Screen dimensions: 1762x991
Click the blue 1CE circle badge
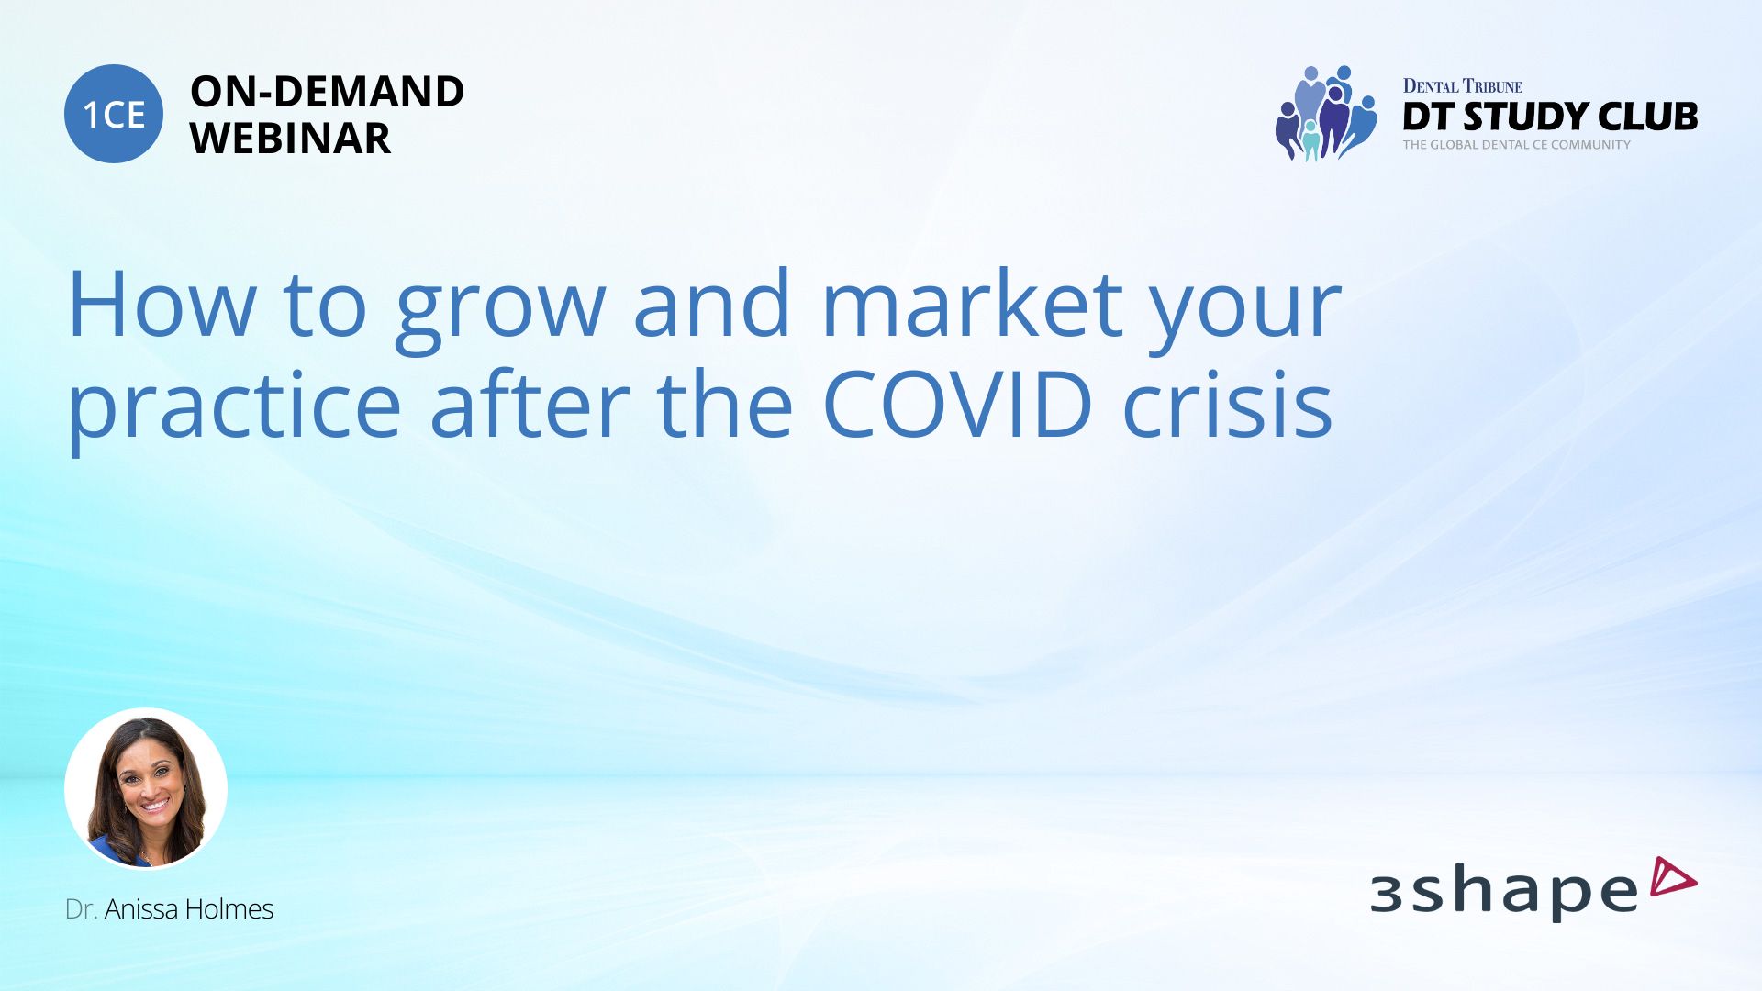tap(114, 114)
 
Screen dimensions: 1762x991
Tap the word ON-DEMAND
tap(327, 91)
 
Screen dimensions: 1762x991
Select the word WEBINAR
tap(290, 139)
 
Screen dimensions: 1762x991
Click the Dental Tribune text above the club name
tap(1462, 86)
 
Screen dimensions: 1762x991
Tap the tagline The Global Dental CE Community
tap(1516, 145)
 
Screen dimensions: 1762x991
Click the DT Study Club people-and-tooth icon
tap(1326, 113)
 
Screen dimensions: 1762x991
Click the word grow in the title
tap(500, 312)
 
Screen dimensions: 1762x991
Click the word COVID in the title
tap(957, 405)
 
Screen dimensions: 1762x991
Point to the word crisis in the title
tap(1227, 403)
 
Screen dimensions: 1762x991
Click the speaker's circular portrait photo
tap(146, 788)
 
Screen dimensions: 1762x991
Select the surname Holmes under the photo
tap(229, 908)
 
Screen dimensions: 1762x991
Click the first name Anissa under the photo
tap(142, 908)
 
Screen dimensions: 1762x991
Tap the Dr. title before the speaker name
tap(81, 908)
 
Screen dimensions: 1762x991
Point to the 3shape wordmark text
tap(1504, 892)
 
